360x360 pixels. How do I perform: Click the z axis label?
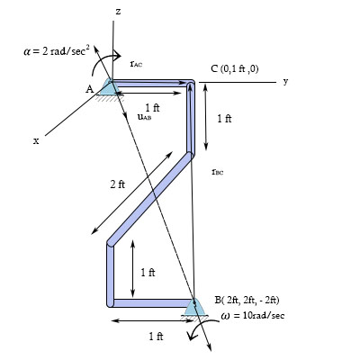pyautogui.click(x=118, y=11)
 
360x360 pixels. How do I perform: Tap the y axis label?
pyautogui.click(x=284, y=81)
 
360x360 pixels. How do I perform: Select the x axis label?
pyautogui.click(x=36, y=140)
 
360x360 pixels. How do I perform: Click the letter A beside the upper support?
pyautogui.click(x=90, y=88)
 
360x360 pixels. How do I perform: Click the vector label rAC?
pyautogui.click(x=135, y=64)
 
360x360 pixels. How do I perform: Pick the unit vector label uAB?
pyautogui.click(x=144, y=116)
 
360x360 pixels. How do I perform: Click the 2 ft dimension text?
pyautogui.click(x=118, y=184)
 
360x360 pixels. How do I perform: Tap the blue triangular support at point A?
pyautogui.click(x=110, y=87)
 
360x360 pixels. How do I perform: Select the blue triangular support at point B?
pyautogui.click(x=193, y=309)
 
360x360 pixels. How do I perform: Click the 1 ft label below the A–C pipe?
pyautogui.click(x=152, y=107)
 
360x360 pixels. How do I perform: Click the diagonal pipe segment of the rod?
pyautogui.click(x=150, y=200)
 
